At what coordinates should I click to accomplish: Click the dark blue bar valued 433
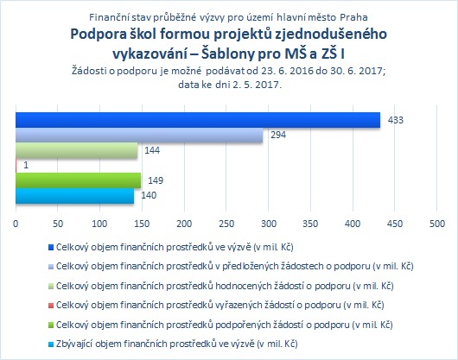[x=198, y=120]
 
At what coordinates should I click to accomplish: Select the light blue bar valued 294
[x=139, y=135]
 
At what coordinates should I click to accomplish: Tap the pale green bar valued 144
[x=77, y=150]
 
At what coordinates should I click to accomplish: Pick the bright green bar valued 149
[x=79, y=180]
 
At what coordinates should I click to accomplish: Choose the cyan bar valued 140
[x=75, y=195]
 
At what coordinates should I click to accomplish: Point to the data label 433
[x=396, y=120]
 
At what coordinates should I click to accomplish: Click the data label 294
[x=278, y=135]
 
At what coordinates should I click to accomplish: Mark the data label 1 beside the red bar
[x=26, y=166]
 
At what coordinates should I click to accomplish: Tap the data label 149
[x=156, y=180]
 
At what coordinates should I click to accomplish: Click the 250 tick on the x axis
[x=226, y=224]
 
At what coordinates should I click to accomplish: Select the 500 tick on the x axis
[x=437, y=224]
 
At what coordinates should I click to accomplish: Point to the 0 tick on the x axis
[x=16, y=224]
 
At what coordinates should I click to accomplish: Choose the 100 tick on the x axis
[x=100, y=224]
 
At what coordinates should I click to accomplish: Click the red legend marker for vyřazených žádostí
[x=51, y=306]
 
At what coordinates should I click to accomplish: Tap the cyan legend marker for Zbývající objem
[x=51, y=344]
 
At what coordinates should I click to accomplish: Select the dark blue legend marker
[x=51, y=248]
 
